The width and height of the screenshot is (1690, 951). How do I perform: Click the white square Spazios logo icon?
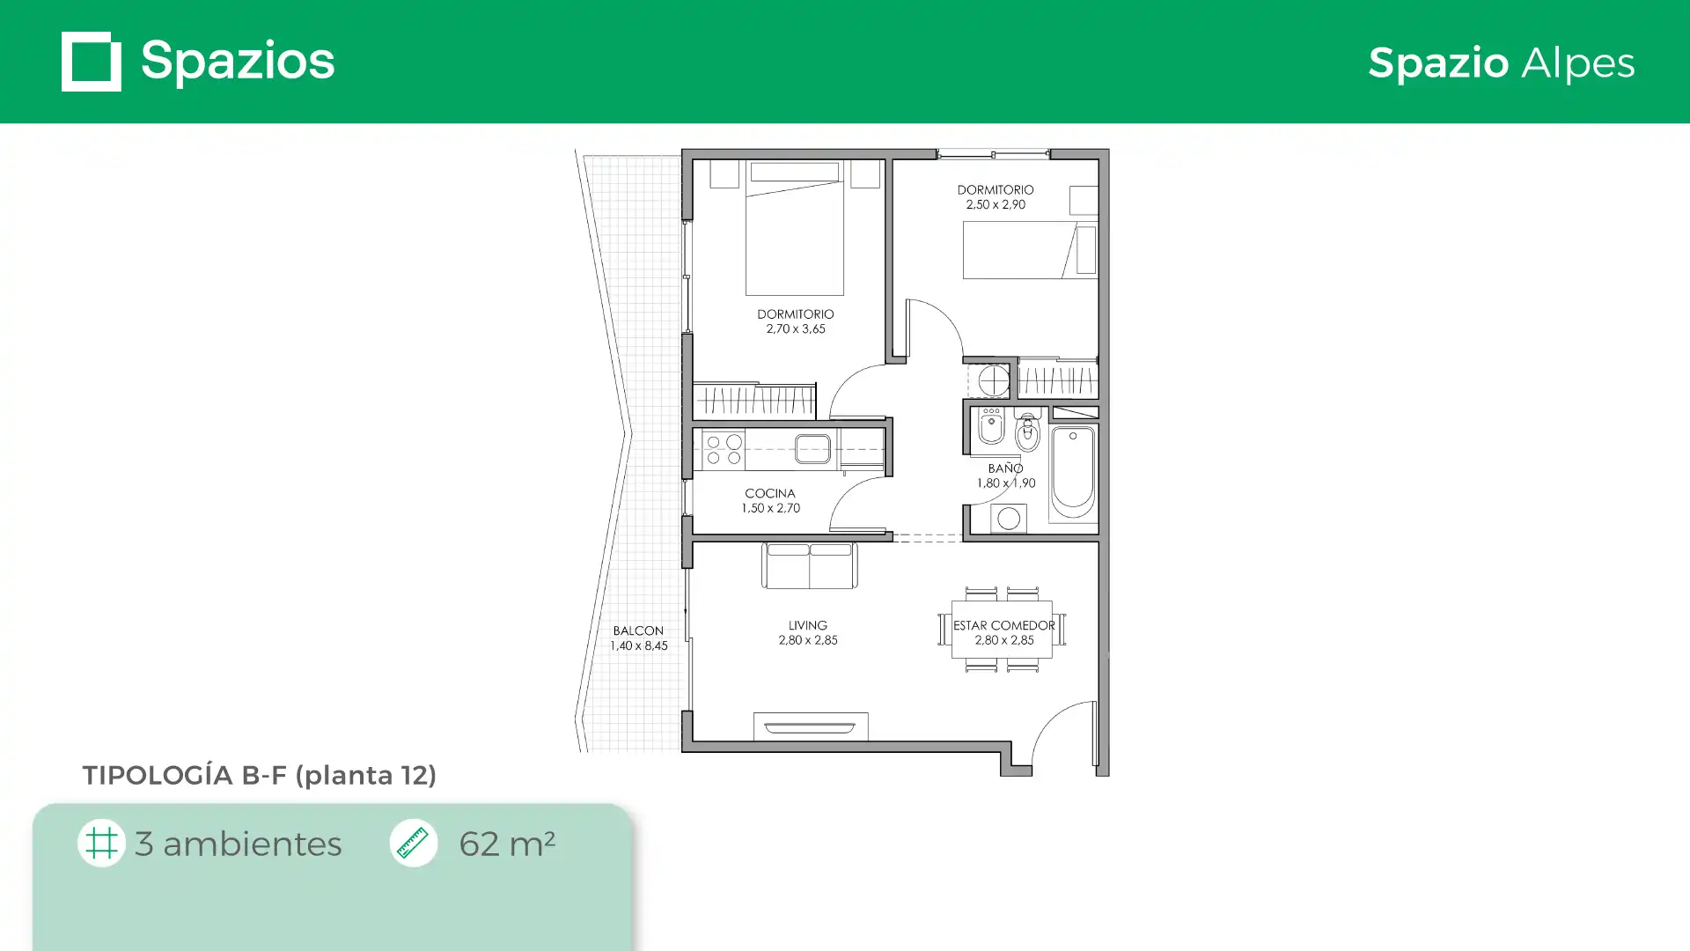[x=92, y=62]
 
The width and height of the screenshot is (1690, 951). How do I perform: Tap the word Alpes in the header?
[x=1578, y=63]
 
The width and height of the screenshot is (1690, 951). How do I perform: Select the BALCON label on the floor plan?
[x=638, y=630]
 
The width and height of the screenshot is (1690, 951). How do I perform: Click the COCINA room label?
[x=770, y=493]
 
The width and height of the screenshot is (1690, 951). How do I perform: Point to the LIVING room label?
[x=807, y=625]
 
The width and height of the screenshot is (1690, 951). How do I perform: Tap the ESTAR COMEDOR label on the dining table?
[x=1003, y=625]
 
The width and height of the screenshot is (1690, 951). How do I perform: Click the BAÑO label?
[x=1005, y=468]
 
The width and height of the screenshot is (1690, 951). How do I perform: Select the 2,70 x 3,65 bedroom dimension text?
[x=796, y=328]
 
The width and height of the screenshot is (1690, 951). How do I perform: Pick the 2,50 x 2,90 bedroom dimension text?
[x=996, y=204]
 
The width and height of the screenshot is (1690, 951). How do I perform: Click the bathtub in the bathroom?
[x=1073, y=473]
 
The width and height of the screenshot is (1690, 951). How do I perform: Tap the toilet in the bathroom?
[x=1027, y=430]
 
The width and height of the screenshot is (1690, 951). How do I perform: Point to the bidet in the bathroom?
[x=991, y=426]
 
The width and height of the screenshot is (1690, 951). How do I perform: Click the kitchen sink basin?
[x=812, y=448]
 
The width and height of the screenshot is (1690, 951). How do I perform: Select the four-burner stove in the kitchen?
[x=724, y=449]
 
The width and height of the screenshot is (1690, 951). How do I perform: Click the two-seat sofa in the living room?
[x=809, y=565]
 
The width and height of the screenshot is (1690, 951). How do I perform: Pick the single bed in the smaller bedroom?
[x=1030, y=250]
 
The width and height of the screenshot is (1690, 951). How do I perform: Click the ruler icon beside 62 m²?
[x=413, y=843]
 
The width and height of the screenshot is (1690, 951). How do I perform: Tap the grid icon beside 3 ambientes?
[x=101, y=843]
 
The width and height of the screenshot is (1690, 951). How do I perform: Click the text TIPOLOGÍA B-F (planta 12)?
[x=260, y=776]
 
